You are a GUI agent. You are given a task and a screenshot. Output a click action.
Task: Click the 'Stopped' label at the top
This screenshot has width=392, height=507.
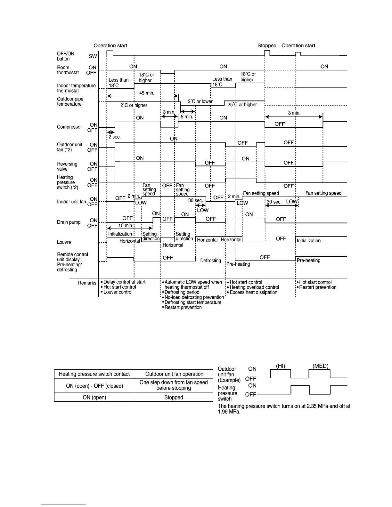(x=267, y=45)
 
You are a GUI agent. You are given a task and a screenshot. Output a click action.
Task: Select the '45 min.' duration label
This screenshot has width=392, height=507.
(x=147, y=93)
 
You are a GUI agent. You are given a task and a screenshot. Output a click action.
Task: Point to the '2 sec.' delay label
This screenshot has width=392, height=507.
(x=114, y=137)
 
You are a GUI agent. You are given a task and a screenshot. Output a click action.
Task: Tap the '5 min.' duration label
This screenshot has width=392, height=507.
(x=187, y=117)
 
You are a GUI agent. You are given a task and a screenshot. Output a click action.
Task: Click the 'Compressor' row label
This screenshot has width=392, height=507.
(x=69, y=127)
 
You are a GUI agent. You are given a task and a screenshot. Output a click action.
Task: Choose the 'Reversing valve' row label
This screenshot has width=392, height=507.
(x=67, y=166)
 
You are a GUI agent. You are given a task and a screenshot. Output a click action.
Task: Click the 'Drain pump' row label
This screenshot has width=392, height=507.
(x=69, y=222)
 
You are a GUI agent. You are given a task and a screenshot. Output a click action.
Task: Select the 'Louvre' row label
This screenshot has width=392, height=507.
(x=64, y=242)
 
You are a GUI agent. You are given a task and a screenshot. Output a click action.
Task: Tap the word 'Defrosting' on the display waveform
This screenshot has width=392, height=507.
(x=211, y=261)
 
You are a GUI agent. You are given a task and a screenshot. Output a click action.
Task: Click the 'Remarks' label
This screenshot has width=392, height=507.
(x=87, y=283)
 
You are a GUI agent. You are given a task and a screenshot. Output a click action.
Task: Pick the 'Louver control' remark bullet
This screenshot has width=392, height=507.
(x=118, y=292)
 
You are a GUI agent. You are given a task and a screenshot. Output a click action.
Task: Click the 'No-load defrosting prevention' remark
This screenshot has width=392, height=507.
(x=194, y=297)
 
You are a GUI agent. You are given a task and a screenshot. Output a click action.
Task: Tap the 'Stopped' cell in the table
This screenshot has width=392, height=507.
(x=174, y=397)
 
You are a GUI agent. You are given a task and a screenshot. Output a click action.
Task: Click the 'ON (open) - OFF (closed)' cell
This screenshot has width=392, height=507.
(x=94, y=386)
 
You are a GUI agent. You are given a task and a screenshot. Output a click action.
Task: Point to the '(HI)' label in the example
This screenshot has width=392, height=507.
(x=281, y=366)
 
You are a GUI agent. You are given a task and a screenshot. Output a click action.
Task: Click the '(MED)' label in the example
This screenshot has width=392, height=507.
(x=320, y=366)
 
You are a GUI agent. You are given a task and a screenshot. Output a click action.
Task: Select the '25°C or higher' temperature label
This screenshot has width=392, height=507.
(x=242, y=105)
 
